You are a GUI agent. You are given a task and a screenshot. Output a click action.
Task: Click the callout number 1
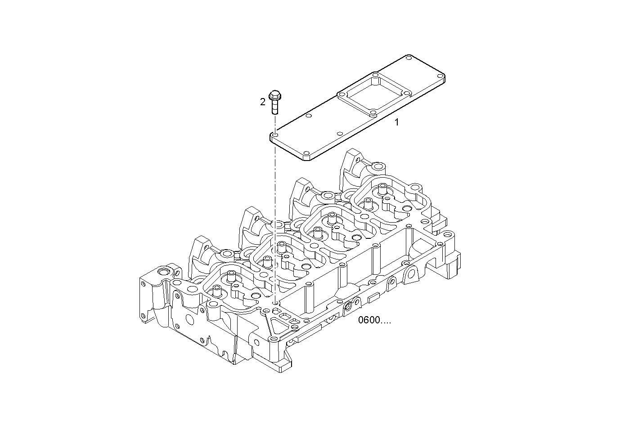(x=396, y=122)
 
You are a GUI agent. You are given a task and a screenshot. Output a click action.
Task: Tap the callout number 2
(x=263, y=102)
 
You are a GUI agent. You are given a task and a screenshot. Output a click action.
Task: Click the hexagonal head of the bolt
(x=274, y=96)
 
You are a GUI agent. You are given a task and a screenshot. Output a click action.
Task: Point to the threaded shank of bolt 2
(x=274, y=108)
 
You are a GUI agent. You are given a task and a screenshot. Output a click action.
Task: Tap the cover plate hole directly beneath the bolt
(x=275, y=135)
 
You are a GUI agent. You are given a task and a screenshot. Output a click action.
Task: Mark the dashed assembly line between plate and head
(x=274, y=216)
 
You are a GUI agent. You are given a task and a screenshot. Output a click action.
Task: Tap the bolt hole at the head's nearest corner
(x=272, y=339)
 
